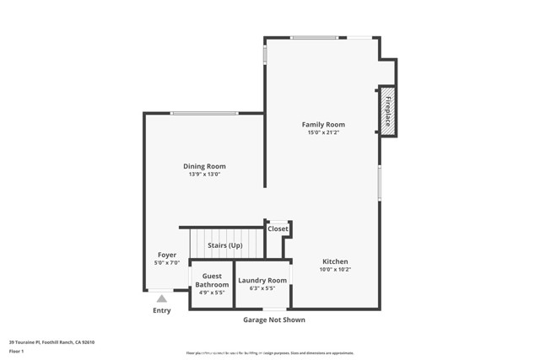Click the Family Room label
tap(323, 125)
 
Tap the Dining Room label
tap(204, 166)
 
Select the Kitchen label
tap(335, 261)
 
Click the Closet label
tap(278, 228)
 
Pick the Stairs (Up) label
tap(224, 245)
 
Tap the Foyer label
tap(166, 255)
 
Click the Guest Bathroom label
tap(212, 280)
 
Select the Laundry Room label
tap(262, 280)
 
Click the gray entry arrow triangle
tap(161, 298)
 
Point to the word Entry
tap(161, 310)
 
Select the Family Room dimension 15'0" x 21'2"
tap(323, 132)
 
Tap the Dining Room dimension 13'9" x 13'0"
tap(204, 175)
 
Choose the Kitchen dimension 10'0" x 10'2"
tap(335, 270)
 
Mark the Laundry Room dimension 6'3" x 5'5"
tap(262, 288)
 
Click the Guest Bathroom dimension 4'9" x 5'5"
tap(212, 293)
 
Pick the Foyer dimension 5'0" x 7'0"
tap(166, 263)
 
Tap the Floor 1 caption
tap(17, 351)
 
